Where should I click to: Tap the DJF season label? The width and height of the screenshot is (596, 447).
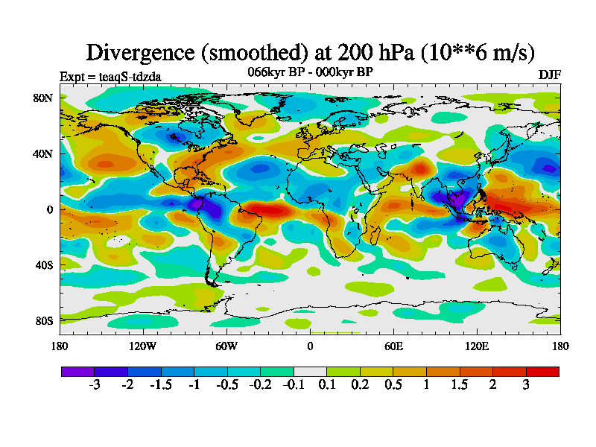(549, 75)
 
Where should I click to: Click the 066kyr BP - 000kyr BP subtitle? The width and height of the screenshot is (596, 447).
(310, 72)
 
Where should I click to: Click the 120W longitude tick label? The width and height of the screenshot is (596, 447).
(143, 346)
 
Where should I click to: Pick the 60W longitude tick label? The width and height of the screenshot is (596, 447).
(226, 346)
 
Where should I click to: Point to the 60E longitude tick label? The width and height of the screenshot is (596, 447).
(393, 346)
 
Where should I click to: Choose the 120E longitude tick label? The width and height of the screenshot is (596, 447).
(477, 346)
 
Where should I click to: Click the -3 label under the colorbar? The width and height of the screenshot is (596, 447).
(94, 384)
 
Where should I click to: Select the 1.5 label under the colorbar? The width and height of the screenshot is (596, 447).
(459, 384)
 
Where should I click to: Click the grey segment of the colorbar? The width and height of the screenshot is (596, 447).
(310, 371)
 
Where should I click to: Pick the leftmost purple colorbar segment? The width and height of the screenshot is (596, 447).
(77, 371)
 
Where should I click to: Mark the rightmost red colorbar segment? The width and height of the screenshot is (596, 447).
(542, 371)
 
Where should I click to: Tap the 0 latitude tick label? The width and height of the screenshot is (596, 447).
(49, 209)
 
